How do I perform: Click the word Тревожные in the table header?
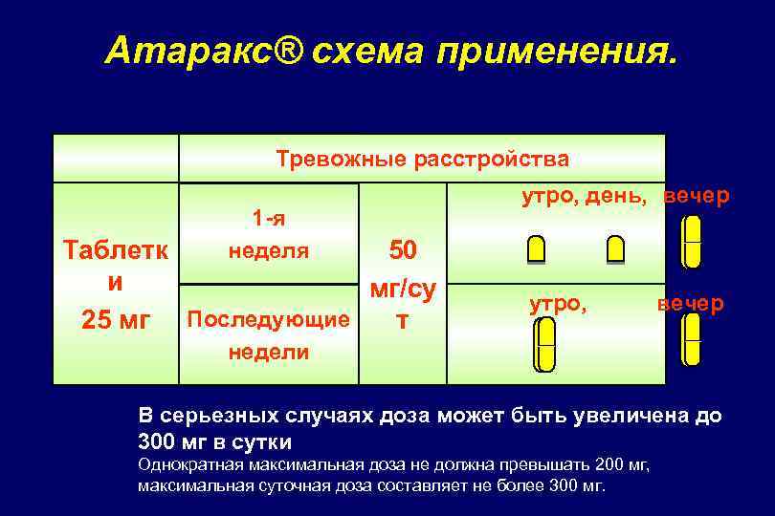339,158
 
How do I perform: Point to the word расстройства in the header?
490,158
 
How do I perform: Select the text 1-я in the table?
268,219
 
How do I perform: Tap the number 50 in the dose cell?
403,250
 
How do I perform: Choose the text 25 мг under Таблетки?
117,319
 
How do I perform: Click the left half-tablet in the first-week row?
537,249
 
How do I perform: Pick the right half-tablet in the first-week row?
615,249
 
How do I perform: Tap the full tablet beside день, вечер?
692,242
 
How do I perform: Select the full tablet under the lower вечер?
691,340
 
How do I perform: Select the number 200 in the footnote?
610,465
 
